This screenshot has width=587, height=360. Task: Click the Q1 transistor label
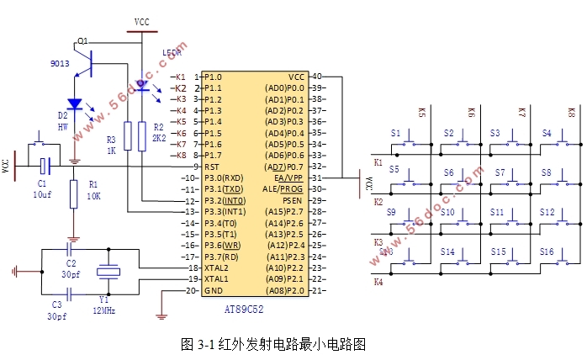(82, 40)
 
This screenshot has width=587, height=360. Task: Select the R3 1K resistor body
(128, 135)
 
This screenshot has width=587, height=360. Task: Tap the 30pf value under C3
(57, 315)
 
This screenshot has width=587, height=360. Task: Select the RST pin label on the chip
(212, 167)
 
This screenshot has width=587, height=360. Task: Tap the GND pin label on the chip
(214, 290)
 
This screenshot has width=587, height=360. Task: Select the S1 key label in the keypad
(395, 133)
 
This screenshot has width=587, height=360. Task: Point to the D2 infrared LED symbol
(74, 105)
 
